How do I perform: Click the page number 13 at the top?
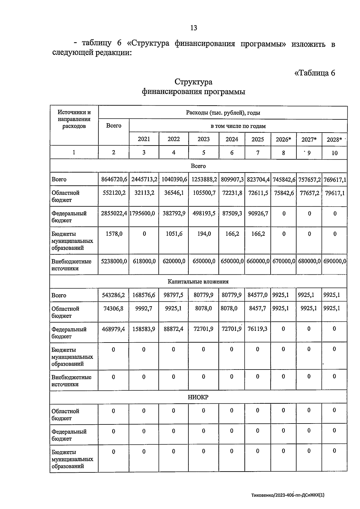(193, 28)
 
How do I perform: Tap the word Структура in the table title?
(193, 82)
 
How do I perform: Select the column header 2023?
(203, 139)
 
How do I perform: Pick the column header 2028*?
(334, 139)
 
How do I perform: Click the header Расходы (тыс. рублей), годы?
(223, 113)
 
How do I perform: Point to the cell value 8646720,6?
(114, 179)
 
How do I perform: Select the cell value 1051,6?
(174, 234)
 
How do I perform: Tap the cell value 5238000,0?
(114, 261)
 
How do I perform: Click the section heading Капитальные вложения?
(198, 282)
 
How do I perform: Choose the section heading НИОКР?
(198, 397)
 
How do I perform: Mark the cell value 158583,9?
(144, 329)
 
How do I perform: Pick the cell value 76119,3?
(257, 329)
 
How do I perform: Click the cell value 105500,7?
(204, 193)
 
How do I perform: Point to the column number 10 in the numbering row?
(334, 153)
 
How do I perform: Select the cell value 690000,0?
(334, 261)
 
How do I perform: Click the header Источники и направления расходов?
(74, 119)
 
